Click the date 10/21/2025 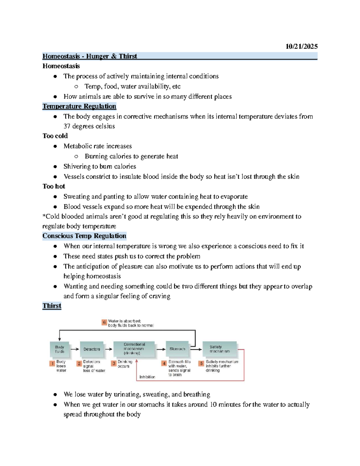tap(301, 46)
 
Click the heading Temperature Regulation tap(79, 106)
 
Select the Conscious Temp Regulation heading tap(84, 236)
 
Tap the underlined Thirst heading tap(52, 306)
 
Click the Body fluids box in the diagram tap(60, 349)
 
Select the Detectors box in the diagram tap(92, 349)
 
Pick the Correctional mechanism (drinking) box tap(134, 349)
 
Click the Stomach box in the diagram tap(177, 349)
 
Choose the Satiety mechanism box tap(220, 349)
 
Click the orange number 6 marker tap(104, 323)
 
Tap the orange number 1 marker tap(52, 364)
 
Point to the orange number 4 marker tap(164, 363)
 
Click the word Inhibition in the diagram tap(147, 377)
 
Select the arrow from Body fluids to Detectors tap(75, 349)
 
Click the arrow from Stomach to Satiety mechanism tap(196, 349)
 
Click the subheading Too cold tap(55, 136)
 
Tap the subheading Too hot tap(54, 186)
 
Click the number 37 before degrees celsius tap(67, 126)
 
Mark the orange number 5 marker tap(201, 363)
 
